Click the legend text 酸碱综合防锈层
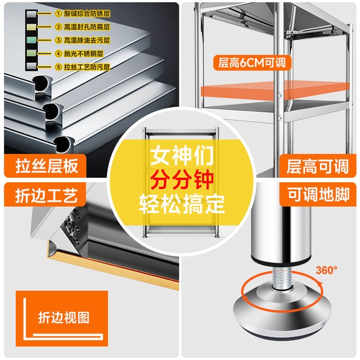pyautogui.click(x=87, y=13)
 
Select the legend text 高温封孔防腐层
pyautogui.click(x=87, y=27)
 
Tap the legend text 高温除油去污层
pyautogui.click(x=87, y=40)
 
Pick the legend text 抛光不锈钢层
pyautogui.click(x=84, y=53)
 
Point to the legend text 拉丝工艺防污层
pyautogui.click(x=87, y=67)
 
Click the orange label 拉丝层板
pyautogui.click(x=47, y=166)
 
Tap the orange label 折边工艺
pyautogui.click(x=46, y=195)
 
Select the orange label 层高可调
pyautogui.click(x=317, y=166)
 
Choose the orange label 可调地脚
pyautogui.click(x=319, y=195)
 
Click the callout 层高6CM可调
pyautogui.click(x=252, y=62)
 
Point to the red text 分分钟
pyautogui.click(x=182, y=180)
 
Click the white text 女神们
pyautogui.click(x=182, y=155)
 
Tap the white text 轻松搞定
pyautogui.click(x=182, y=204)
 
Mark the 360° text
pyautogui.click(x=326, y=270)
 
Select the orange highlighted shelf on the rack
pyautogui.click(x=274, y=91)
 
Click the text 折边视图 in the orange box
pyautogui.click(x=64, y=317)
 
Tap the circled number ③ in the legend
pyautogui.click(x=58, y=40)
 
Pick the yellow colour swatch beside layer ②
pyautogui.click(x=31, y=27)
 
